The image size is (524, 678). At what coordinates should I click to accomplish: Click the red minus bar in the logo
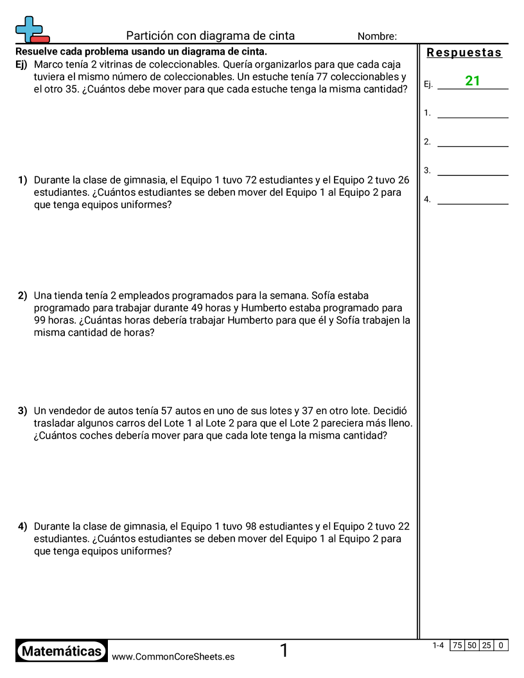tap(39, 39)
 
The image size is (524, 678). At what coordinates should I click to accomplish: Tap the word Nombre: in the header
tap(377, 37)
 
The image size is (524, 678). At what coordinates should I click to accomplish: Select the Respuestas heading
tap(464, 53)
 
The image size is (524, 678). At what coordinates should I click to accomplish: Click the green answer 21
tap(473, 81)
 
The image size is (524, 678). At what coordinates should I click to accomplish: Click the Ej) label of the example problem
tap(22, 64)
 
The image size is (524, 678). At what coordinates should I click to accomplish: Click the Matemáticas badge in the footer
tap(62, 652)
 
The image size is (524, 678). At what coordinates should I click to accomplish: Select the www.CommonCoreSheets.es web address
tap(173, 656)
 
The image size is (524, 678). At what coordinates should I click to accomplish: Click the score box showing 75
tap(457, 645)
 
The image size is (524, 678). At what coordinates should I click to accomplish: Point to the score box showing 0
tap(501, 645)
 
